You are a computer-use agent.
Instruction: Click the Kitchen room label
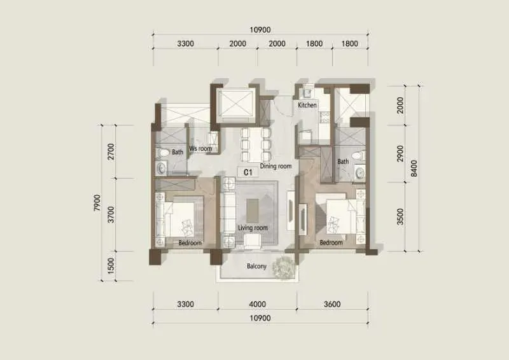pos(307,105)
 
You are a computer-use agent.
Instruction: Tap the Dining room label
pos(275,166)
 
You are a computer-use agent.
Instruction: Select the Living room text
pos(253,228)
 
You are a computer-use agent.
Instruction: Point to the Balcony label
pos(256,267)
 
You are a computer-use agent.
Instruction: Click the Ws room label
pos(200,149)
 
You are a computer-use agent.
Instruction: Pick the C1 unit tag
pos(248,172)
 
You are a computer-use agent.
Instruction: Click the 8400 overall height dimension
pos(414,168)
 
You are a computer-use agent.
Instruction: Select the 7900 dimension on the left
pos(97,203)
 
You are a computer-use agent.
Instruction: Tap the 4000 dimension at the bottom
pos(258,304)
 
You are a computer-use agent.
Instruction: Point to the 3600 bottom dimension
pos(332,304)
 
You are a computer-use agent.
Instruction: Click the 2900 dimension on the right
pos(400,153)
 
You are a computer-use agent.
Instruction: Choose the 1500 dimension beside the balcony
pos(111,266)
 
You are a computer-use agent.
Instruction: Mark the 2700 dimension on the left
pos(111,151)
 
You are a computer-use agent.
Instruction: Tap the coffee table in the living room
pos(253,211)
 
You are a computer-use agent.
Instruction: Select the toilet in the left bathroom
pos(163,152)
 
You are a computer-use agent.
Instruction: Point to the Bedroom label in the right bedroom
pos(331,242)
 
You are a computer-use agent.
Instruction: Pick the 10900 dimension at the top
pos(260,30)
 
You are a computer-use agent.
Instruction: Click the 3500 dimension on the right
pos(400,216)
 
